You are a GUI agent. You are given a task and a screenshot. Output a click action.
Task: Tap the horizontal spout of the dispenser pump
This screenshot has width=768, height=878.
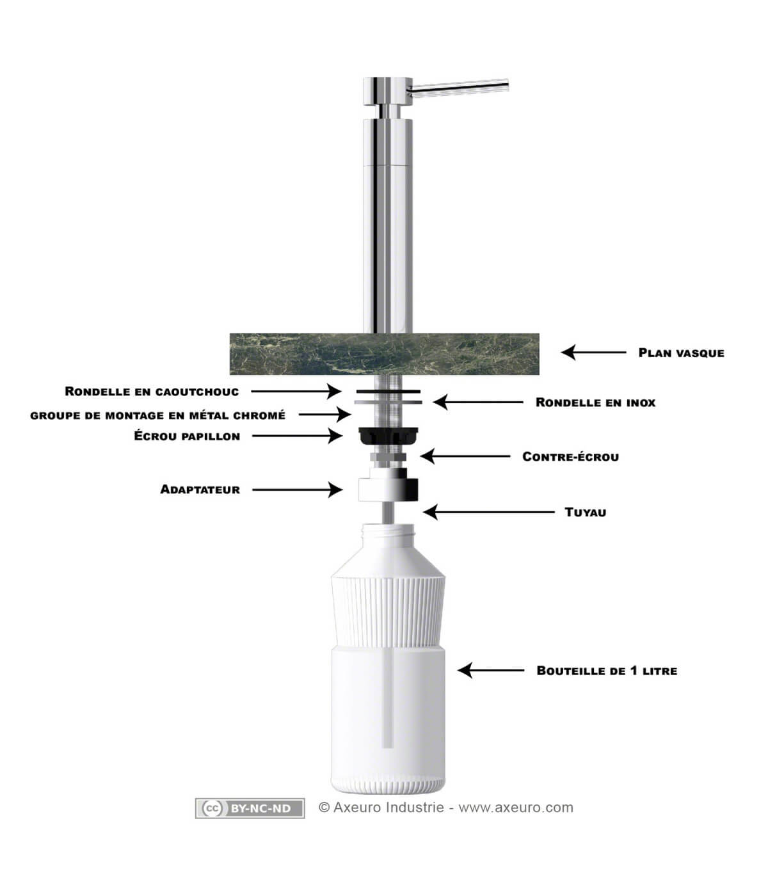pos(460,86)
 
